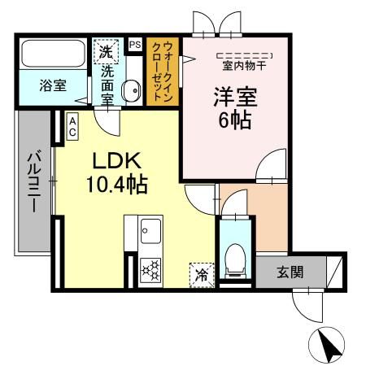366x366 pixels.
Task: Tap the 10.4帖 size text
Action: coord(116,185)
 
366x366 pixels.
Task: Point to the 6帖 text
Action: coord(234,121)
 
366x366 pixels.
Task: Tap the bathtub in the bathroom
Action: coord(50,55)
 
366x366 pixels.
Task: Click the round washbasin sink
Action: coord(130,91)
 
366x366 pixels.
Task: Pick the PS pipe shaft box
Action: coord(134,45)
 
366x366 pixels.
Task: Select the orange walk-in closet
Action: coord(162,73)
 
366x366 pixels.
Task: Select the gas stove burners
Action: coord(150,269)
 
